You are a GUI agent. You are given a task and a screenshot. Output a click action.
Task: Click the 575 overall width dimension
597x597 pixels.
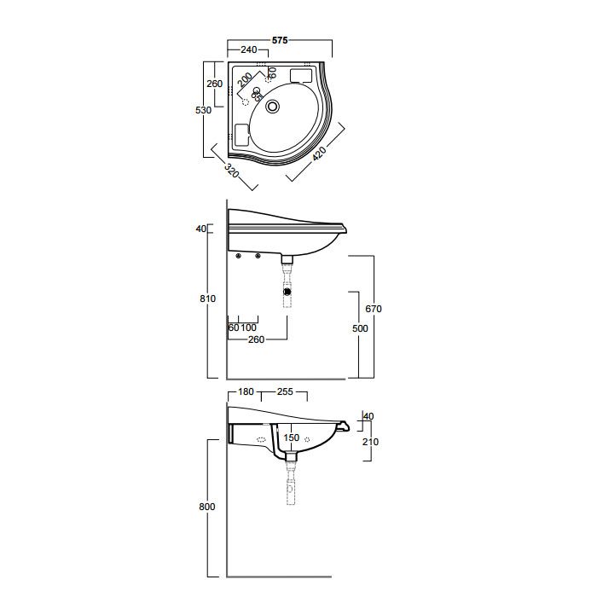click(x=280, y=40)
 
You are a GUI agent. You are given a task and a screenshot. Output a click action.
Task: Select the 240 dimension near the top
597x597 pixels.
click(x=249, y=49)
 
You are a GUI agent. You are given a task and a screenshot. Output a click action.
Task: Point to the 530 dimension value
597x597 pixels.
click(x=203, y=110)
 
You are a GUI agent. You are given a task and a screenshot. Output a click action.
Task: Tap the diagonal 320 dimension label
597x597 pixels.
click(x=231, y=171)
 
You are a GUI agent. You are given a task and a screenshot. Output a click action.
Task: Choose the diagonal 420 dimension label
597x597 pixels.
click(x=320, y=154)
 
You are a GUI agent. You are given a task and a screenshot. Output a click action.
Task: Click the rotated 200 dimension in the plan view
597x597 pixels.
click(x=245, y=79)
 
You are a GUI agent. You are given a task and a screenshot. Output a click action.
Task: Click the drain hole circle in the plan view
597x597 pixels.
click(x=273, y=107)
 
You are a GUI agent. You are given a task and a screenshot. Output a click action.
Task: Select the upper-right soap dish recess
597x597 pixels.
click(x=301, y=75)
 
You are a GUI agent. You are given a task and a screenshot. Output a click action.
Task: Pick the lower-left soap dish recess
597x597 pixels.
click(x=242, y=135)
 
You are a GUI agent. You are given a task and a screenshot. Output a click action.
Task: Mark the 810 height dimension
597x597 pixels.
click(x=207, y=298)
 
